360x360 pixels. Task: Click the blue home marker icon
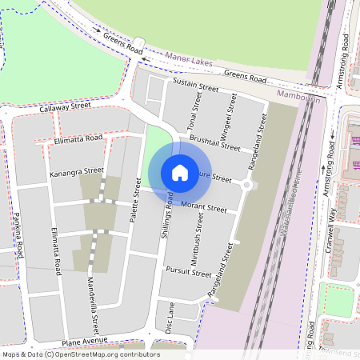pos(180,172)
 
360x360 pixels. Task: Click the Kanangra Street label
pos(77,171)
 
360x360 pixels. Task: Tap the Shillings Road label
pos(169,212)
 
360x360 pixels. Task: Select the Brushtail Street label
pos(215,142)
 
